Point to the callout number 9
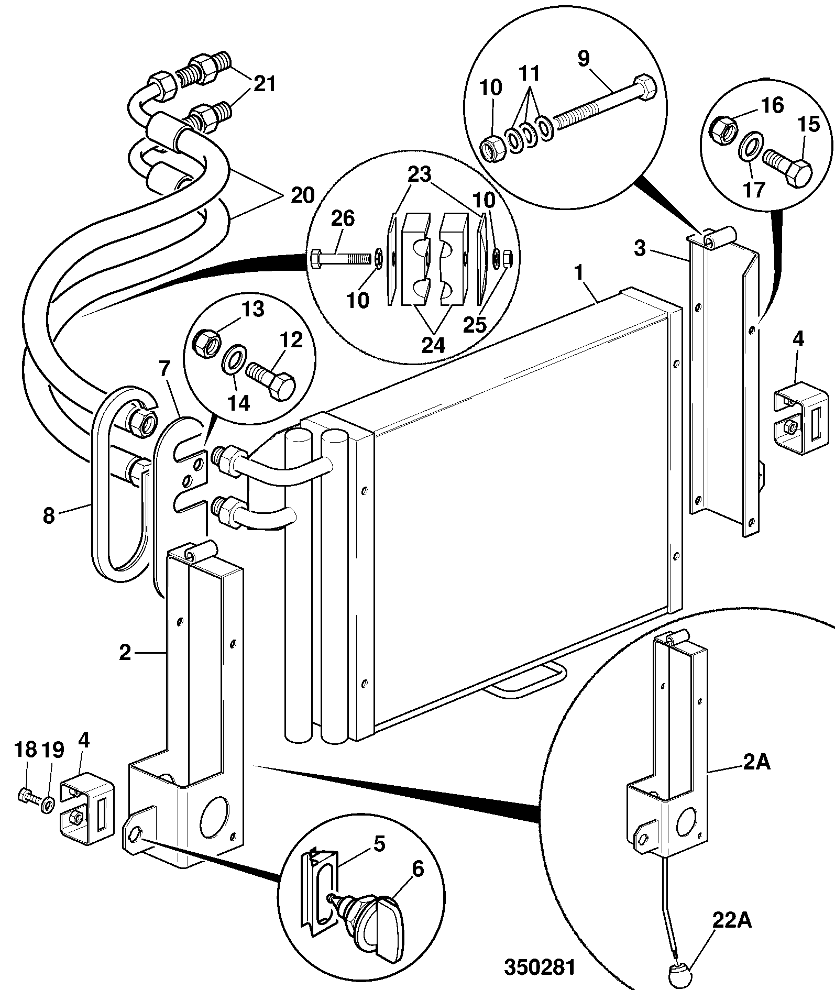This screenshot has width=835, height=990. coord(584,59)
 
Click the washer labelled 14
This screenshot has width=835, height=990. coord(233,359)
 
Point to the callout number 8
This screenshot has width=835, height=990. coord(49,515)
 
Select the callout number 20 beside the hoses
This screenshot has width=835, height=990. coord(302,196)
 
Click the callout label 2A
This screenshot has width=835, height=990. coord(756,763)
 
